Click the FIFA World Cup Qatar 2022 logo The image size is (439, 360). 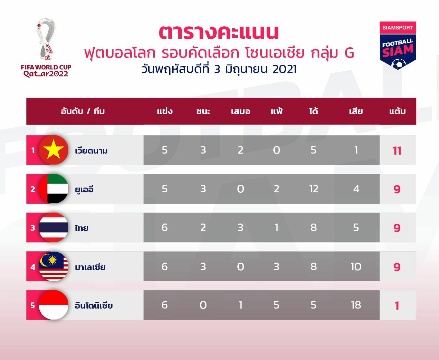(x=46, y=48)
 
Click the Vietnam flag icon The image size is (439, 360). (x=54, y=150)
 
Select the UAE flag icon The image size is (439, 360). (x=54, y=189)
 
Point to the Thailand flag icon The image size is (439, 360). (x=54, y=228)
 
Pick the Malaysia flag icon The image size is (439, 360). (x=54, y=267)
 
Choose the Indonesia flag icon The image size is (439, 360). (x=54, y=305)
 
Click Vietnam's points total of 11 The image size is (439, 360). (x=397, y=151)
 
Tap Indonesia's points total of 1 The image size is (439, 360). (x=397, y=305)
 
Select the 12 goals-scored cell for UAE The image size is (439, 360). (x=313, y=189)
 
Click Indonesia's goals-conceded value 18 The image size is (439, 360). (x=356, y=305)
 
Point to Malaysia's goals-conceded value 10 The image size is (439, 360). (x=356, y=267)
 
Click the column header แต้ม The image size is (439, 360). (x=398, y=111)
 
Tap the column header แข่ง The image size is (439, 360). (x=165, y=111)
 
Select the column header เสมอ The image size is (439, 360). (x=240, y=111)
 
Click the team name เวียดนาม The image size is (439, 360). (x=91, y=151)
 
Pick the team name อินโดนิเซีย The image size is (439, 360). (x=94, y=305)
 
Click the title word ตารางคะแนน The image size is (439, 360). (x=219, y=32)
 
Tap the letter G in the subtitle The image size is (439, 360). (x=349, y=53)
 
